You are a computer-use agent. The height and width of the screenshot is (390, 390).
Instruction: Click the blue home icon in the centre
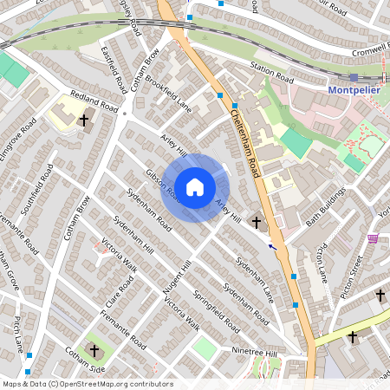195,187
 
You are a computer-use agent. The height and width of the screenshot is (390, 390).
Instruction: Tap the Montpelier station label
355,90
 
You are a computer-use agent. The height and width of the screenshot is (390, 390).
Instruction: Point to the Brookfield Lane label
167,94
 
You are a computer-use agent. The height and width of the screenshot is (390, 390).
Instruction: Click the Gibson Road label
162,185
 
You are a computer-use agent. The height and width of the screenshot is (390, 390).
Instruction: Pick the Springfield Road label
216,311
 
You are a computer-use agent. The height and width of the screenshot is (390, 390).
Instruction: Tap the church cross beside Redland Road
84,120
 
